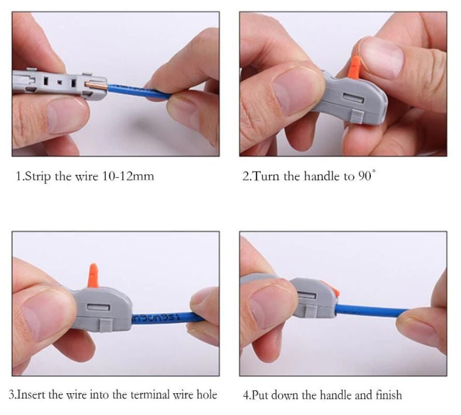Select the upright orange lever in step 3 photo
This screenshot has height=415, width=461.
[93, 275]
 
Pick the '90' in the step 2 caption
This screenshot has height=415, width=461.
[364, 176]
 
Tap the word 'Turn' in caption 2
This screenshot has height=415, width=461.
[266, 176]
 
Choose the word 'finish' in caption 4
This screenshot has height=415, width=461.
[387, 395]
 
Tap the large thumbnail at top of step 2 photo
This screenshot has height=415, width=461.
[381, 57]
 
